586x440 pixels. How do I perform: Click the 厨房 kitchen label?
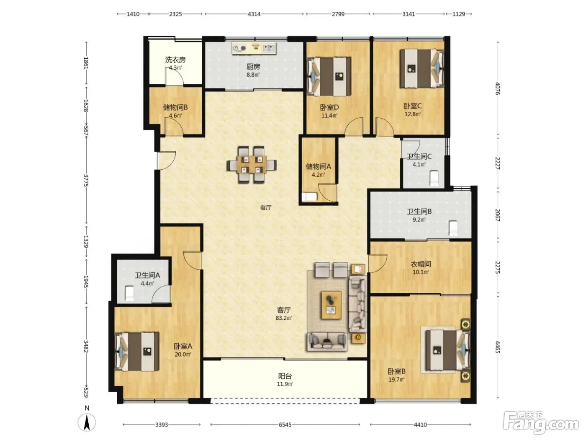tap(253, 67)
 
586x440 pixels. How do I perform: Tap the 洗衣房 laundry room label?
tap(175, 60)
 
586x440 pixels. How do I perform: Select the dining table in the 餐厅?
tap(252, 165)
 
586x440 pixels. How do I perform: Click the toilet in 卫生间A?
tap(129, 293)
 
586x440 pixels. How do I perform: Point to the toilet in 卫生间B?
tap(453, 228)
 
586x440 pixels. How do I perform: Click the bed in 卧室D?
tap(329, 76)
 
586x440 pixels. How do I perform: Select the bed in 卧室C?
tap(422, 68)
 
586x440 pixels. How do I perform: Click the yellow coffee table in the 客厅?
tap(332, 305)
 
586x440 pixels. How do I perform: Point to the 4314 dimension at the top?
tap(254, 14)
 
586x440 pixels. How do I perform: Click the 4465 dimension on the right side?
tap(497, 347)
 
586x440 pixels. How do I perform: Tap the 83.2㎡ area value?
tap(283, 318)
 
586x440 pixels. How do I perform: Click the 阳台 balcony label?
tap(285, 376)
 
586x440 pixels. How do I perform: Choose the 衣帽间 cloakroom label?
tap(421, 264)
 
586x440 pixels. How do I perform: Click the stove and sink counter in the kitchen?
tap(254, 48)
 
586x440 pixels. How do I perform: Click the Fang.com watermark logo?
tap(541, 424)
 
